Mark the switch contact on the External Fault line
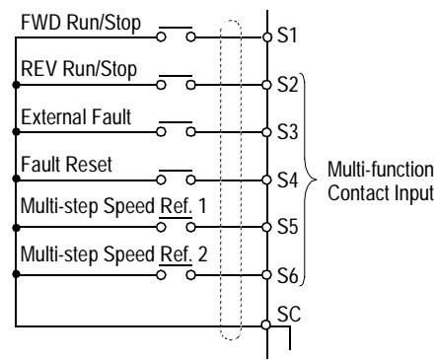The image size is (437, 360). click(x=177, y=133)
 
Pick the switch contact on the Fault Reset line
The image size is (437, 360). click(x=177, y=180)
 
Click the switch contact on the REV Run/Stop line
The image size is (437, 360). click(x=177, y=86)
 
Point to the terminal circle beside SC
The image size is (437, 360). click(x=266, y=322)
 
